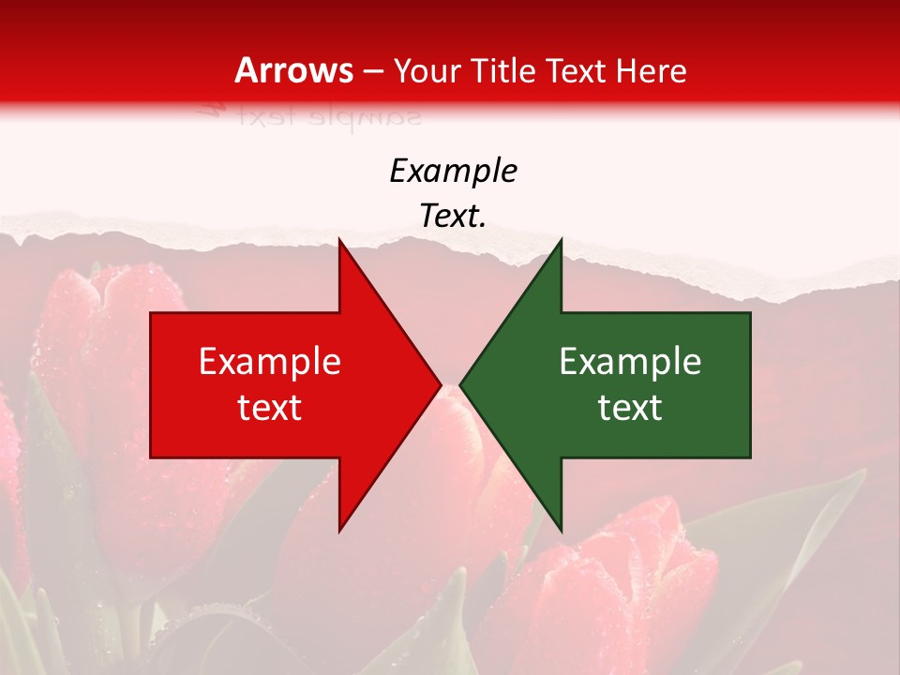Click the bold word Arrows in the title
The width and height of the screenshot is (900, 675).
294,70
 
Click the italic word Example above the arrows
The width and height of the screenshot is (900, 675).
453,172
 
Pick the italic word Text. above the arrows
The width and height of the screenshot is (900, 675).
453,217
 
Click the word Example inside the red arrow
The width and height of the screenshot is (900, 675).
269,362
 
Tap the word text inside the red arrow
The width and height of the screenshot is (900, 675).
269,408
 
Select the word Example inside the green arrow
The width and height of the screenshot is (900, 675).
630,362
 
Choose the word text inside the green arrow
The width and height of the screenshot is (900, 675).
630,408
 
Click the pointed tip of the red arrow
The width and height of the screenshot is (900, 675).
440,384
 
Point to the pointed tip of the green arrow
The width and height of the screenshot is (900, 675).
460,384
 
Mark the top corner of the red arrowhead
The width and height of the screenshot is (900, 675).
339,241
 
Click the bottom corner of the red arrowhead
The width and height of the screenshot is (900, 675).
339,530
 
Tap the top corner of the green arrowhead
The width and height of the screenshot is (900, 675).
561,241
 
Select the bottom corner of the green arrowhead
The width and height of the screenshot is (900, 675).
561,530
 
